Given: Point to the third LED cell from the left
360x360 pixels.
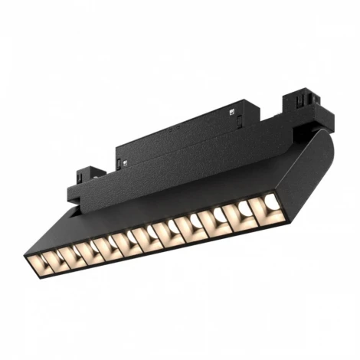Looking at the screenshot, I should tap(81, 250).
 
